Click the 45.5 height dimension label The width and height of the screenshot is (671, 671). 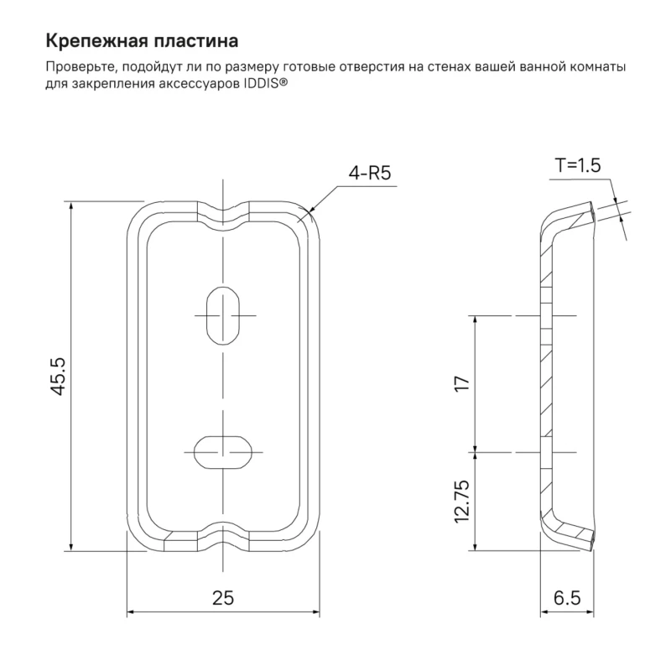tap(58, 376)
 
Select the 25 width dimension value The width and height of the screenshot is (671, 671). tap(223, 598)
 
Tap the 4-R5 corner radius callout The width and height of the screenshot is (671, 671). tap(370, 173)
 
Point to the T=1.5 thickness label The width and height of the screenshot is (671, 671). tap(578, 165)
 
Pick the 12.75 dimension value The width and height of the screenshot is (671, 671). tap(462, 501)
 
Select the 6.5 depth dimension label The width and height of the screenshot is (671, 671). tap(567, 598)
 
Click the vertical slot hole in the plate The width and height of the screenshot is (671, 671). tap(223, 316)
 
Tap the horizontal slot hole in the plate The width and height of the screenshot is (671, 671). tap(223, 452)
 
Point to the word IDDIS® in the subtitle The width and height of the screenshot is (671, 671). tap(265, 84)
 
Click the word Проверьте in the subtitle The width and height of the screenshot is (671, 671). tap(81, 68)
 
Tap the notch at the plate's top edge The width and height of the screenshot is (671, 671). tap(223, 215)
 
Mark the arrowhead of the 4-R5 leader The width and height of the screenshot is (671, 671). tap(309, 211)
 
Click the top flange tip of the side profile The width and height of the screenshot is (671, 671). tap(592, 212)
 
